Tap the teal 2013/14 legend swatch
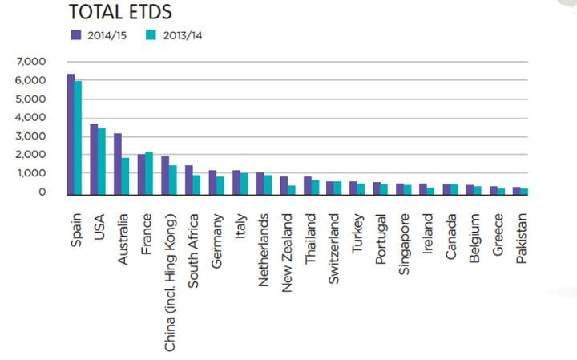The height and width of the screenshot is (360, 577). [x=150, y=34]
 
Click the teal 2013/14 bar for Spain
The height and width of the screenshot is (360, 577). [x=78, y=137]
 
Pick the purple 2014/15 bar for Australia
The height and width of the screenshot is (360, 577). [x=118, y=164]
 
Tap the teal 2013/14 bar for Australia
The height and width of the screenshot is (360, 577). [x=125, y=176]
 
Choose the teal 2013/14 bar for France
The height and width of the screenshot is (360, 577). [x=149, y=172]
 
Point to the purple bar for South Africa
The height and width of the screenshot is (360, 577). [x=189, y=180]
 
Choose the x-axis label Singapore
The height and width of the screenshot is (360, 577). [x=404, y=243]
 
